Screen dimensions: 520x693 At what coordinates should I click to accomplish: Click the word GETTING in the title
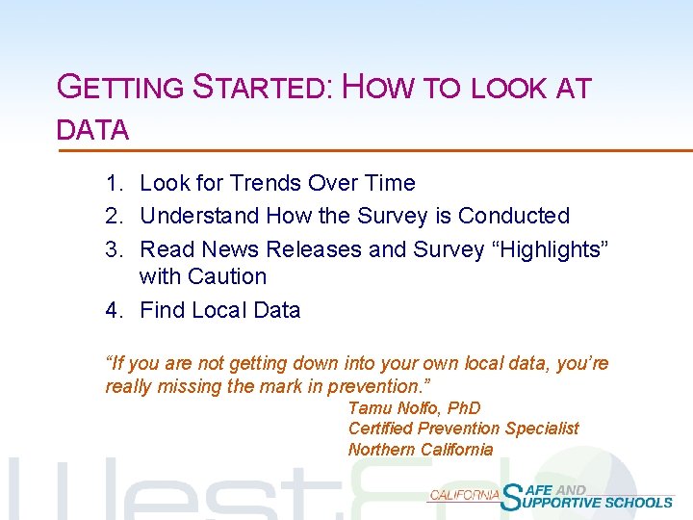120,88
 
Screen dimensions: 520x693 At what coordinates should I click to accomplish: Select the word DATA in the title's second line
93,130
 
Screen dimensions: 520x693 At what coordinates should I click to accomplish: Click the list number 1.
114,183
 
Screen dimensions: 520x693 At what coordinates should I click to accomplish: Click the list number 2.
114,216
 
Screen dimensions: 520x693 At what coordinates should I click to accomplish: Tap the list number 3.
114,249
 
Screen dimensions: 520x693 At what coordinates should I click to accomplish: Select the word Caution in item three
227,276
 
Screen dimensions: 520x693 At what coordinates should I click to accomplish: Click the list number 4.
114,310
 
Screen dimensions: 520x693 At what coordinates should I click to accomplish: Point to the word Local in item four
219,310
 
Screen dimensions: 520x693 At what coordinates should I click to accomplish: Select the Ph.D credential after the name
461,408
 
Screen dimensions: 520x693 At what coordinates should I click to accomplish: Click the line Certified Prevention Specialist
463,429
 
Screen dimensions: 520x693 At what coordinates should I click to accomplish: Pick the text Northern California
420,450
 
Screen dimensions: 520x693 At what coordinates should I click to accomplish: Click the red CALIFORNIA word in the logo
464,494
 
